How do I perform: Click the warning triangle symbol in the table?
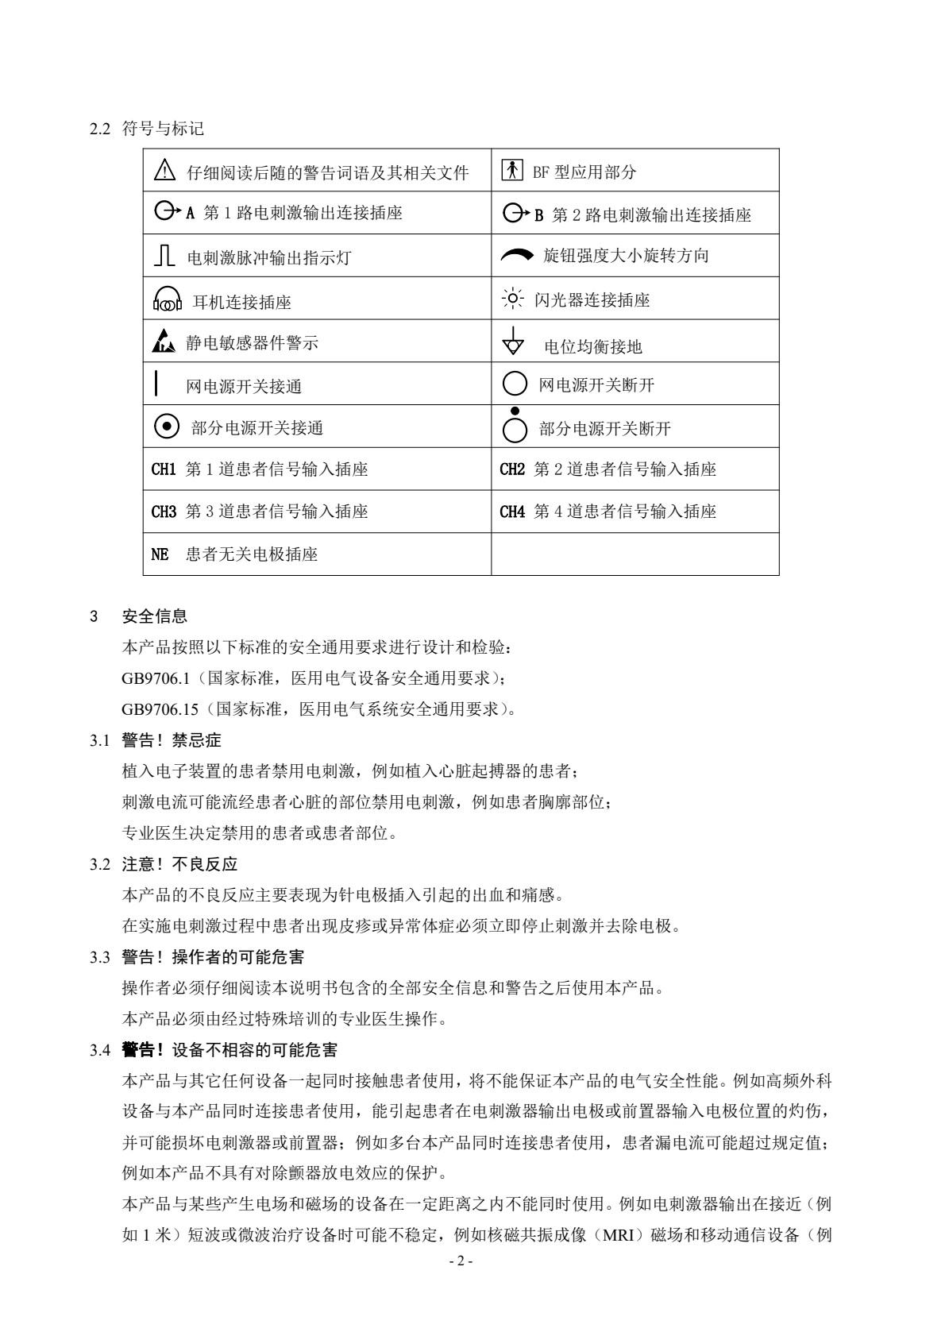(x=164, y=170)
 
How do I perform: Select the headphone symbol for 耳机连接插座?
(x=167, y=299)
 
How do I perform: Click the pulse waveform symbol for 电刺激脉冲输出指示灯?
(x=164, y=256)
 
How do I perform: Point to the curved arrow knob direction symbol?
(x=518, y=255)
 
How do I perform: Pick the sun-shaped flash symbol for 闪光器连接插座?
(x=514, y=299)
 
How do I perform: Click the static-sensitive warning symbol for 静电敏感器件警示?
(x=163, y=342)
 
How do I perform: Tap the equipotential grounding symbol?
(x=514, y=342)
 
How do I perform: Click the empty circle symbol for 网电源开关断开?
(x=515, y=384)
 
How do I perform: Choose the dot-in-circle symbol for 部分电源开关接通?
(x=165, y=427)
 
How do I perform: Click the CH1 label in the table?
(x=164, y=469)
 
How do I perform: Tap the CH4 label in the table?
(x=512, y=512)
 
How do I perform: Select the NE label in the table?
(x=160, y=554)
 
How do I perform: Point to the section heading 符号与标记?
(x=163, y=129)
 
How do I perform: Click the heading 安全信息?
(x=155, y=616)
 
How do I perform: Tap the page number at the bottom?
(x=461, y=1261)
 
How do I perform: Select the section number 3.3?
(x=99, y=957)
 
